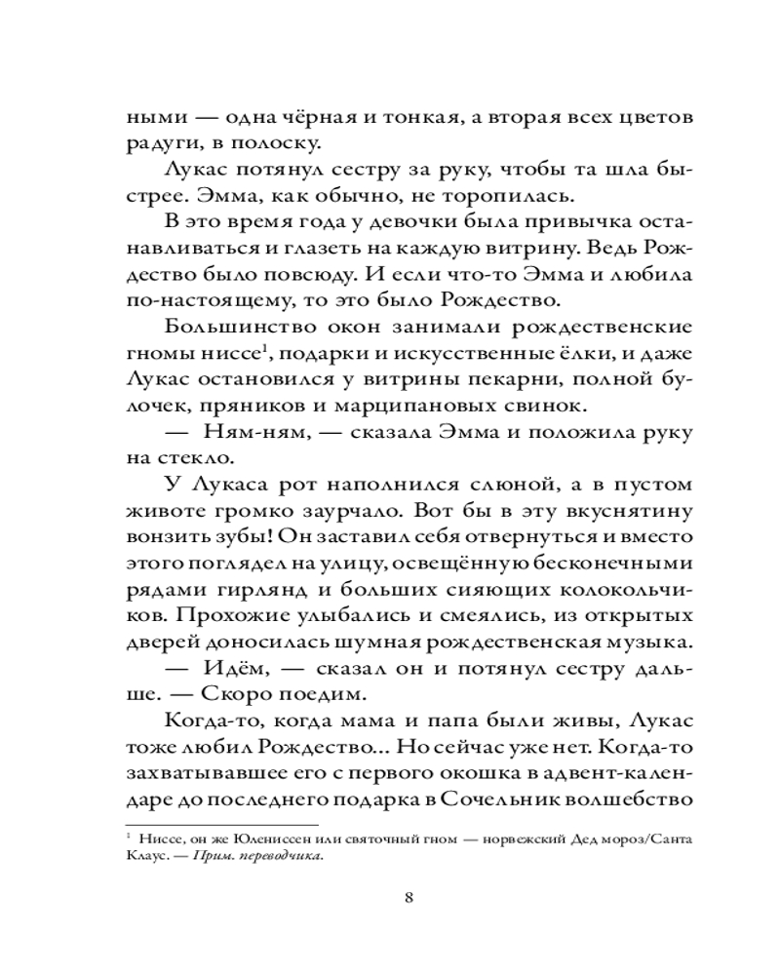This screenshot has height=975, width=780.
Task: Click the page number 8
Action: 409,896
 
